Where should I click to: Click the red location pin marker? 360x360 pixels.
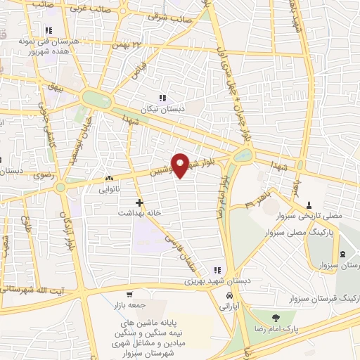point(181,164)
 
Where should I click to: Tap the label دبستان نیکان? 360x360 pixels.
point(162,109)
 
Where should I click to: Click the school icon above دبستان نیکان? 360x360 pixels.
point(162,98)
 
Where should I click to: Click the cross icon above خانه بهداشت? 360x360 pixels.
point(139,202)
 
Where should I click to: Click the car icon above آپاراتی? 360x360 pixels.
point(227,297)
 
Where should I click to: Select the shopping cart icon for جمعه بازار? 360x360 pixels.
point(129,295)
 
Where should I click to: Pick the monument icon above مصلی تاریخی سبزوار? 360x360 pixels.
point(309,205)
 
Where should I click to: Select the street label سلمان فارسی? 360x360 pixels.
point(179,249)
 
